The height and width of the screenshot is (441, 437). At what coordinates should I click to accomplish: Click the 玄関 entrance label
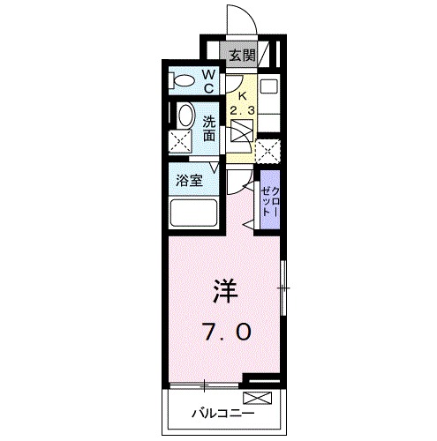(242, 56)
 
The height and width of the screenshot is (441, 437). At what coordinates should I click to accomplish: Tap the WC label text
(210, 81)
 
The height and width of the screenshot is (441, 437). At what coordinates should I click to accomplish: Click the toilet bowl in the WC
(185, 82)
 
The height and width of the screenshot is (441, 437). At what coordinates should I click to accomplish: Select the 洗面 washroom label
(210, 129)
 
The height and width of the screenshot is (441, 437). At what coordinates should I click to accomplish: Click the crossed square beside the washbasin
(181, 140)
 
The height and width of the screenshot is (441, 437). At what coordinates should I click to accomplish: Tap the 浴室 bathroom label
(187, 182)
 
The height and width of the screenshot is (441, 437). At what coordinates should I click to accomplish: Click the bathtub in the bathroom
(193, 214)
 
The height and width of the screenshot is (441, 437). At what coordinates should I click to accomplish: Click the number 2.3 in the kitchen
(241, 110)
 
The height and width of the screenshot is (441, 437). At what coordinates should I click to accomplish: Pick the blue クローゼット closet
(269, 203)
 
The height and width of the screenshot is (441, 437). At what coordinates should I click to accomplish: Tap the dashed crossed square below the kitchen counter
(267, 149)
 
